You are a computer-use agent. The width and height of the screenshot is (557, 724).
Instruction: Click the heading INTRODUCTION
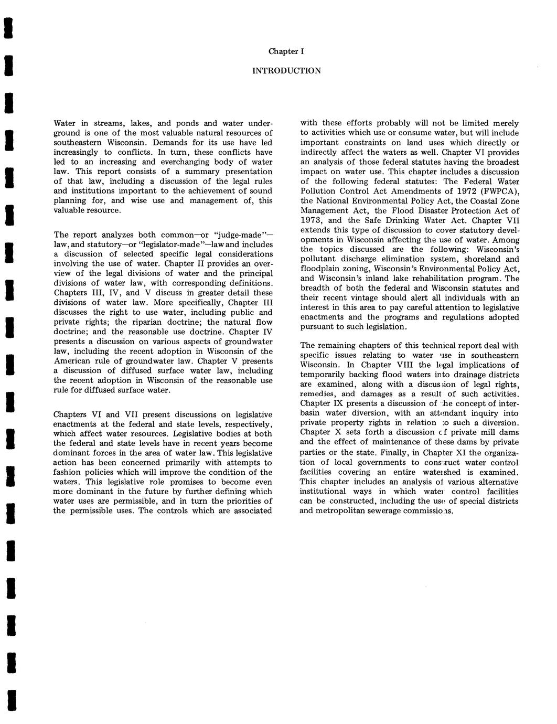tap(286, 70)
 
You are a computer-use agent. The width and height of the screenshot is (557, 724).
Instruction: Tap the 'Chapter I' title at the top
tap(286, 51)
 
